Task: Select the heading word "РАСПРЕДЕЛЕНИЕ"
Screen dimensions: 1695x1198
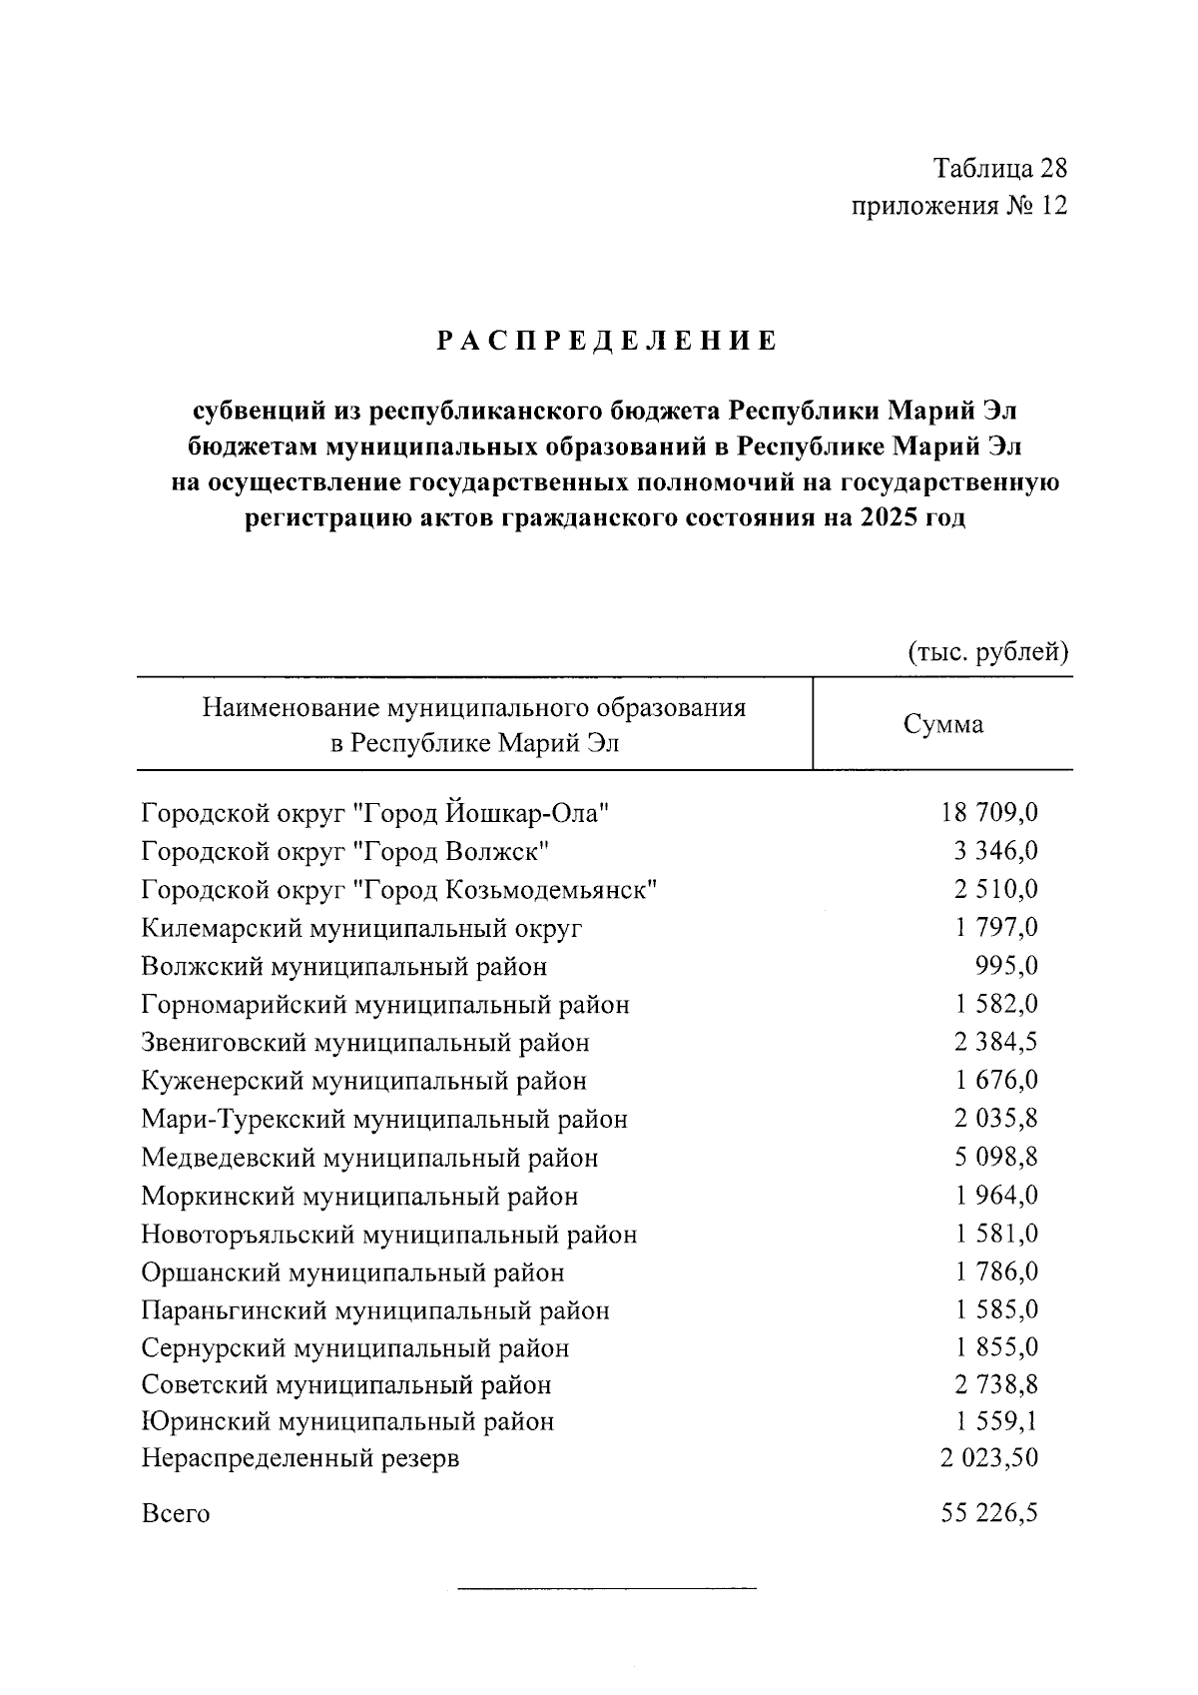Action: click(x=607, y=342)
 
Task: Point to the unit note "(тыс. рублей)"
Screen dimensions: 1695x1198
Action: click(x=987, y=652)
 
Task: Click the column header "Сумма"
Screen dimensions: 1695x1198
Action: click(x=943, y=724)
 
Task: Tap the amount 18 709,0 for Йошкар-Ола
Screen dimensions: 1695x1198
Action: click(x=988, y=813)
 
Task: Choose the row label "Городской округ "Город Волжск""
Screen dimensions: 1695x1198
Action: click(x=345, y=851)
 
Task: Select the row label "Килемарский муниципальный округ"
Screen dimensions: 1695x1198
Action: click(x=361, y=928)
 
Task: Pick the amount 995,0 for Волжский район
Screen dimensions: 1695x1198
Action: click(x=1005, y=966)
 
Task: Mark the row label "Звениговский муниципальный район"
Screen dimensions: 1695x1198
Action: click(x=365, y=1043)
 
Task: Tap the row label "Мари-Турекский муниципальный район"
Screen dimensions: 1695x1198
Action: click(x=384, y=1120)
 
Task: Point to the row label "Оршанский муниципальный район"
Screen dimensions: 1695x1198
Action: click(x=352, y=1272)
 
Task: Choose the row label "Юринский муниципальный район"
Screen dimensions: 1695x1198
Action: click(x=347, y=1421)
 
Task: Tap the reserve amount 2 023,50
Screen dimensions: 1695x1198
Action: click(x=988, y=1458)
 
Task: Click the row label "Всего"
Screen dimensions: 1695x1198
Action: click(x=176, y=1513)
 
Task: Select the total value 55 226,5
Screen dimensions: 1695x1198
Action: click(x=988, y=1513)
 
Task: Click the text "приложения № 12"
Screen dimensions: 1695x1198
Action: click(x=958, y=206)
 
